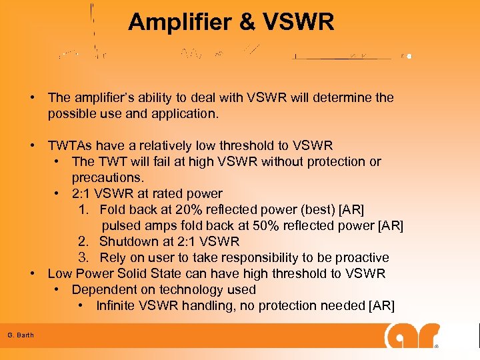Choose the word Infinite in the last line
click(119, 305)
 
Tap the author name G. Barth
click(21, 334)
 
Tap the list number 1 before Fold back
click(83, 209)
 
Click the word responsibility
click(249, 257)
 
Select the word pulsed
click(122, 225)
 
